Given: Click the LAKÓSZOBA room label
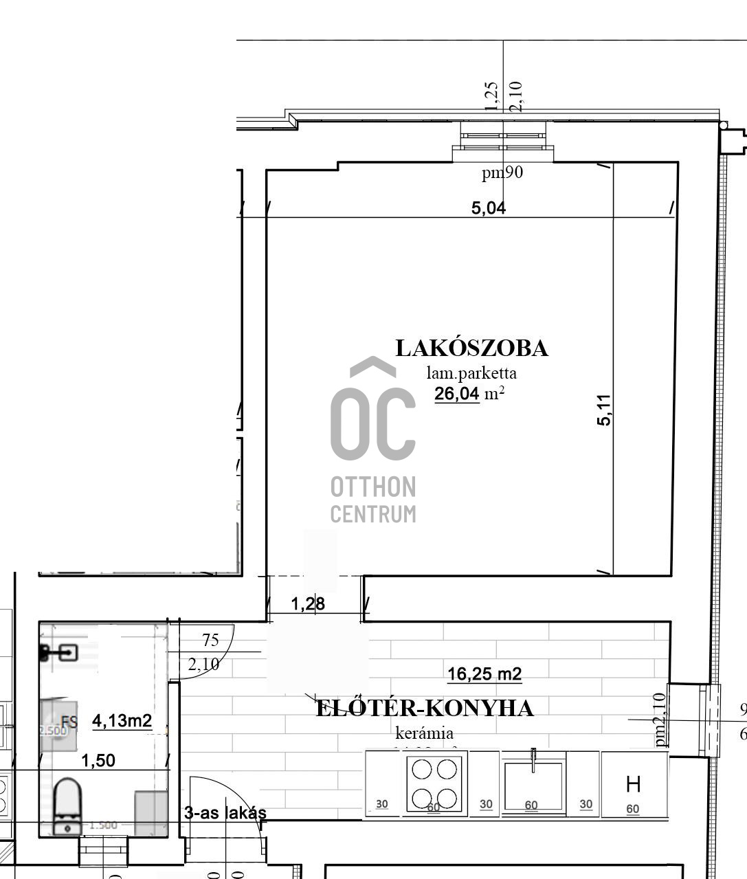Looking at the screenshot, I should point(471,348).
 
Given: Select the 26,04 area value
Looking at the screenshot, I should point(456,394).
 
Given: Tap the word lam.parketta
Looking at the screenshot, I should point(471,373).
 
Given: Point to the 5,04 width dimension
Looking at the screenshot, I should point(489,208).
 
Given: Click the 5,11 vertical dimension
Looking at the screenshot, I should point(604,410).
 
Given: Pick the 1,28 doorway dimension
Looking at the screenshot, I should point(308,604).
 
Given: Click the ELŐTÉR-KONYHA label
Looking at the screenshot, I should point(424,708).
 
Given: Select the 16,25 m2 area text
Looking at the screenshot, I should point(484,674).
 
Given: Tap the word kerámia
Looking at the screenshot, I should point(424,733).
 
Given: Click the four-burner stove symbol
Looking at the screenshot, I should point(434,783).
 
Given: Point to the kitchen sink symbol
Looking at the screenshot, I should point(534,783).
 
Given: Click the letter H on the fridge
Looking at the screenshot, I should point(633,783).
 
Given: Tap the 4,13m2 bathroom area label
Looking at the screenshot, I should point(122,720).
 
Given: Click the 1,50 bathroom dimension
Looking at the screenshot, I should point(98,760).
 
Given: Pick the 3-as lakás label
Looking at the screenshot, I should point(225,813).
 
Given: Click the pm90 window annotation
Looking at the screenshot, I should point(502,173).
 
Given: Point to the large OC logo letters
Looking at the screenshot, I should point(373,423).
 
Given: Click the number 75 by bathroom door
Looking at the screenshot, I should point(210,640).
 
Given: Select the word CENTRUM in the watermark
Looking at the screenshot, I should point(373,513).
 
